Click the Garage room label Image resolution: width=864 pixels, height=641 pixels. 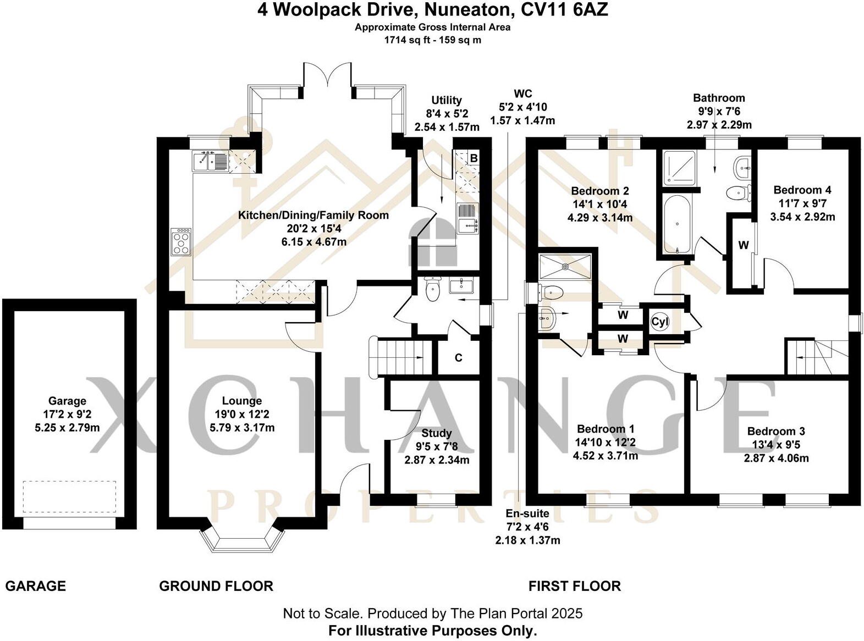tap(67, 401)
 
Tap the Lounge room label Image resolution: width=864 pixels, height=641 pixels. tap(241, 401)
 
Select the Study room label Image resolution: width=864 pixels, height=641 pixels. tap(437, 433)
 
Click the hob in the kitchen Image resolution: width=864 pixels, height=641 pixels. tap(181, 242)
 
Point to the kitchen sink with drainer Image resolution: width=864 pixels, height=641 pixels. tap(210, 161)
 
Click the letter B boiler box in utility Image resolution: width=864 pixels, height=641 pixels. tap(473, 158)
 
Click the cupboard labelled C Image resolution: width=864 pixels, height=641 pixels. tap(458, 358)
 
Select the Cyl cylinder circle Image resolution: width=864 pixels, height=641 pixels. tap(659, 322)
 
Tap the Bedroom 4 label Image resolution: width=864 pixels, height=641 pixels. tap(802, 190)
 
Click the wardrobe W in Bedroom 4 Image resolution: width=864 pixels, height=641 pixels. tap(743, 245)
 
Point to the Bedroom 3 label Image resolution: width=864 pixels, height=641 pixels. tap(776, 432)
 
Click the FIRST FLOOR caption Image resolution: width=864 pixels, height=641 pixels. tap(574, 586)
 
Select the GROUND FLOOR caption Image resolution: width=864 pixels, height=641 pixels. tap(216, 586)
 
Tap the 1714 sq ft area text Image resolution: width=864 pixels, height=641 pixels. tap(407, 40)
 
